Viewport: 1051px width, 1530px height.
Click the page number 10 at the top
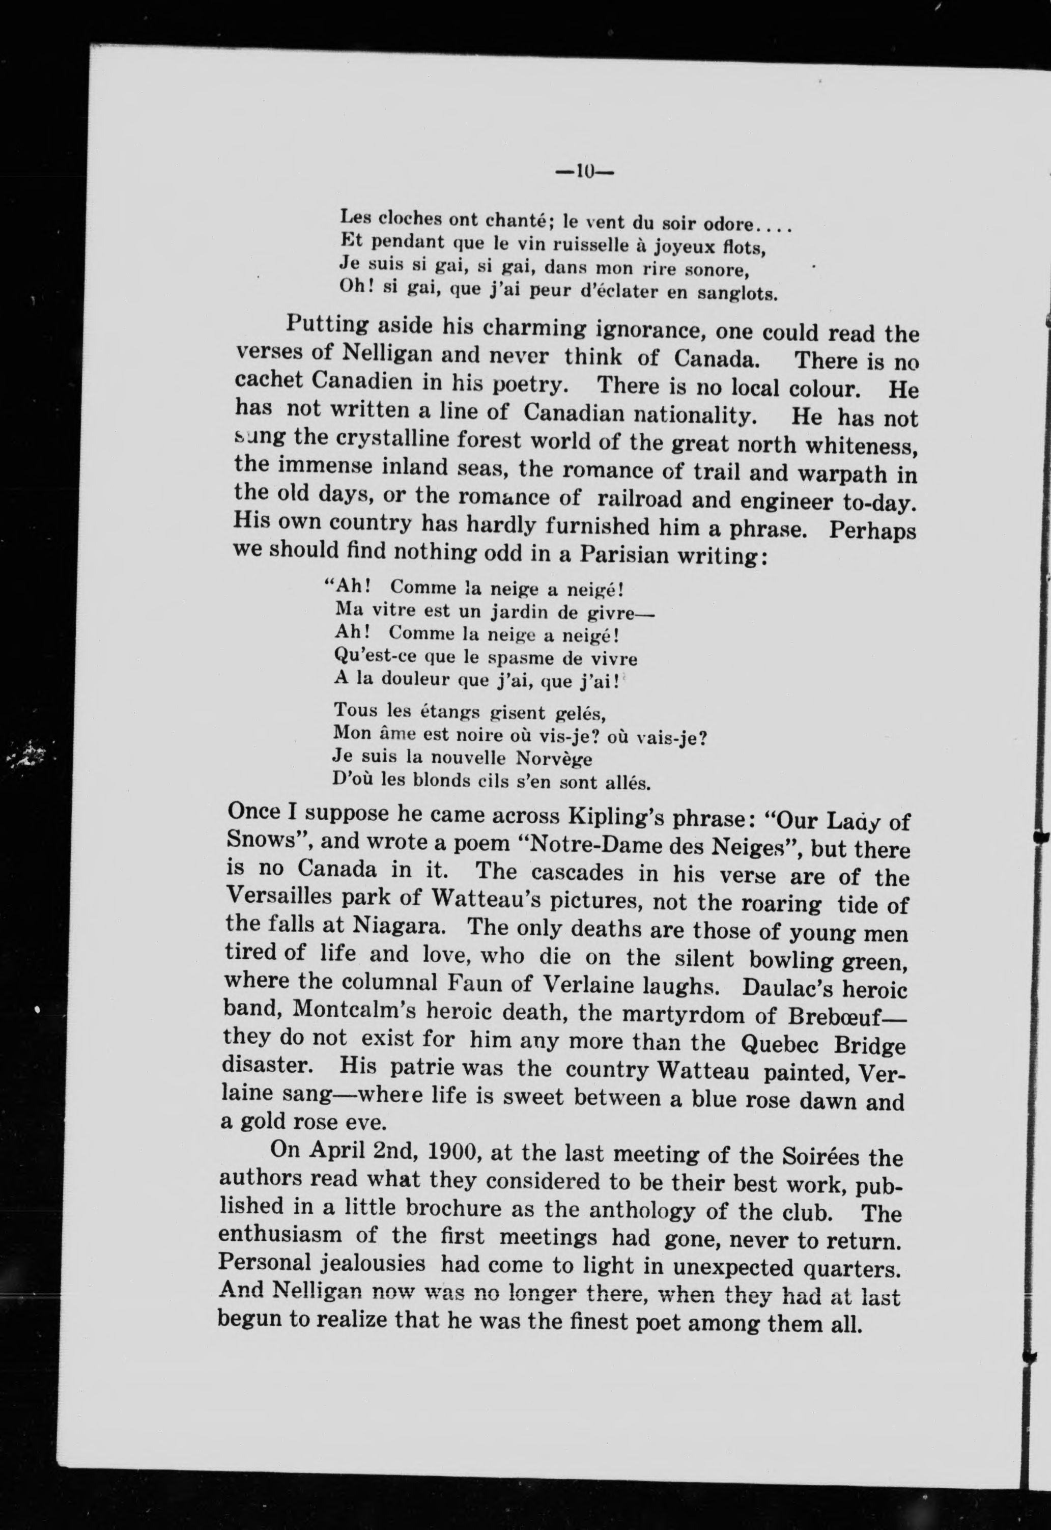pos(584,172)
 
